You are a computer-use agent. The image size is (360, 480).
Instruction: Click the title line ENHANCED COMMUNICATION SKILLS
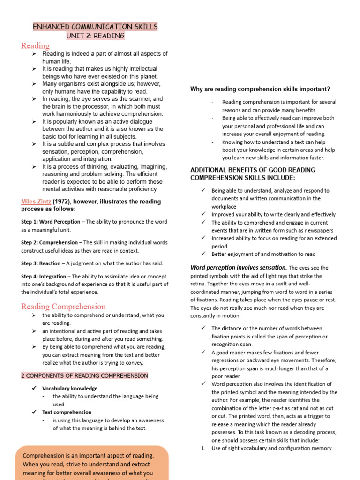click(x=95, y=27)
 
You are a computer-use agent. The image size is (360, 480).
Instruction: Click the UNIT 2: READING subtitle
click(x=95, y=36)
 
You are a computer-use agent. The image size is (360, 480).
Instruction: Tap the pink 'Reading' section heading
click(x=35, y=45)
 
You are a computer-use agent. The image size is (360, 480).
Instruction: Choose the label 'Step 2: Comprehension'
click(x=49, y=243)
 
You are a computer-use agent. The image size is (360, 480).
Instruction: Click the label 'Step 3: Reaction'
click(x=41, y=263)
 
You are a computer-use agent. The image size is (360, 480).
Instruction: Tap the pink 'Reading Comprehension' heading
click(x=63, y=307)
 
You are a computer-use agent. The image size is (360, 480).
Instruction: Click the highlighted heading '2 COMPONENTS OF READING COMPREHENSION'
click(x=84, y=375)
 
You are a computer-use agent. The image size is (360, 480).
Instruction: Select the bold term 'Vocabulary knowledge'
click(x=70, y=389)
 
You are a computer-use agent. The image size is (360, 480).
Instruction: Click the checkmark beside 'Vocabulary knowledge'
click(x=34, y=388)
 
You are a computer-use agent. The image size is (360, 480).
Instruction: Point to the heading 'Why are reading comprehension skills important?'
click(x=260, y=89)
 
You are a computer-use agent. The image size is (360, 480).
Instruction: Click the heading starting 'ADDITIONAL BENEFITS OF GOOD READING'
click(x=253, y=170)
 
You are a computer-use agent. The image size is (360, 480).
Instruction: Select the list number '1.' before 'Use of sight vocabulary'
click(x=203, y=448)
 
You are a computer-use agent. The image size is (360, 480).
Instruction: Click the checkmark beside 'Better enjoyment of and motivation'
click(x=203, y=254)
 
